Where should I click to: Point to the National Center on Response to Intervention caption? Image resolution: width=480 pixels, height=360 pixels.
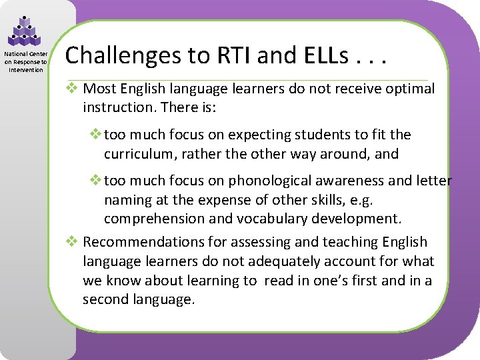(x=25, y=62)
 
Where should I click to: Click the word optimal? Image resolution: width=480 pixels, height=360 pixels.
(x=409, y=89)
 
